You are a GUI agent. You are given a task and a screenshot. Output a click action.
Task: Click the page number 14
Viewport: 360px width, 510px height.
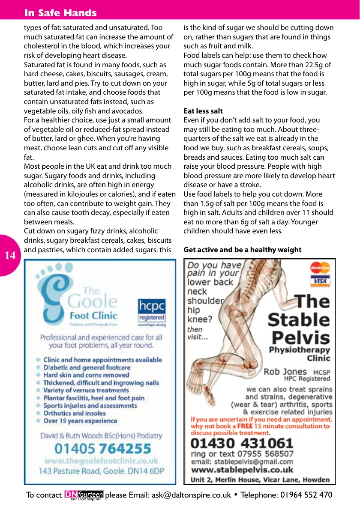[x=10, y=256]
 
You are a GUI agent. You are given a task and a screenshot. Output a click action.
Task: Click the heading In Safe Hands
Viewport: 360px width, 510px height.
[x=60, y=13]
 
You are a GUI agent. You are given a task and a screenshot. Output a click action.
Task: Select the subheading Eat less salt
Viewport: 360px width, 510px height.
[x=203, y=111]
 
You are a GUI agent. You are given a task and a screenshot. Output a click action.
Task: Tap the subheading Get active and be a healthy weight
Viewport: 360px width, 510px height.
[x=242, y=250]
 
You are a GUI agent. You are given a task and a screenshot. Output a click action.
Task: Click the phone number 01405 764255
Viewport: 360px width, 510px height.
[x=103, y=449]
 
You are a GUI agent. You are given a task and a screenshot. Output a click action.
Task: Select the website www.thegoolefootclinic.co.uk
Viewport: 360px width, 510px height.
[x=102, y=461]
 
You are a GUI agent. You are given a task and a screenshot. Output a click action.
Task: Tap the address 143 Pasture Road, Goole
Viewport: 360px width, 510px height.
[x=102, y=471]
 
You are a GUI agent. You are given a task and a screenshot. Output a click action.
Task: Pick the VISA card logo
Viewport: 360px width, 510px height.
[x=320, y=281]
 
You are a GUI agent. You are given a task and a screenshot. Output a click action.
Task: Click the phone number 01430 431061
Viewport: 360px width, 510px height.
[x=242, y=443]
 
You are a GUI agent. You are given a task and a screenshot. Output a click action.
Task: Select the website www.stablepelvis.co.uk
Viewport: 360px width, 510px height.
[x=242, y=470]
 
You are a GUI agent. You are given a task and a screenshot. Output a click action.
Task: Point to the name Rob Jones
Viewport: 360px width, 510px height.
[x=285, y=371]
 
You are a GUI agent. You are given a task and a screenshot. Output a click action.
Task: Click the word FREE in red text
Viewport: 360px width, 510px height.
[x=245, y=426]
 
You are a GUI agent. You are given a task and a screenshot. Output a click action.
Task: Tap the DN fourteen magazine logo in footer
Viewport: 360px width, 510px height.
[x=84, y=495]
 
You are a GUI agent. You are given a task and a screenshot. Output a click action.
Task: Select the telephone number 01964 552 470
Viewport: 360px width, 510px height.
[x=306, y=495]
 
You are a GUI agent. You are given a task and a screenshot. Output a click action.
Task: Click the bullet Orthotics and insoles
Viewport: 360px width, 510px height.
[x=74, y=413]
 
